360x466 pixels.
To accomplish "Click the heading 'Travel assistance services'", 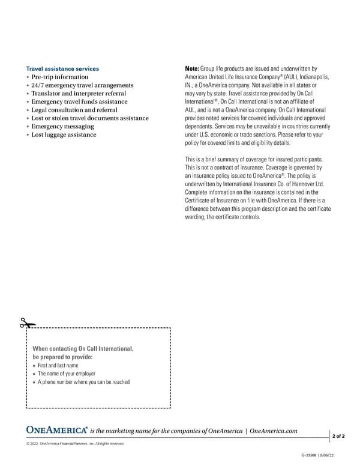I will [x=62, y=69].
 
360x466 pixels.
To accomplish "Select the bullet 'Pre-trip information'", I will [x=59, y=77].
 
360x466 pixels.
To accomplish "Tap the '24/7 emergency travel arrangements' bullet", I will [x=82, y=86].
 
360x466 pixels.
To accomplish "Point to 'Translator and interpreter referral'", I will [x=79, y=94].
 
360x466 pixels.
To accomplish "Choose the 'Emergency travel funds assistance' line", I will [x=79, y=102].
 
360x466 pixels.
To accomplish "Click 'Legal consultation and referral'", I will [x=74, y=110].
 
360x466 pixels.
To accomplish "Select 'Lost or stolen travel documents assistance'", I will [x=90, y=118].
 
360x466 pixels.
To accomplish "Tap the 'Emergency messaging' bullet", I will [x=62, y=127].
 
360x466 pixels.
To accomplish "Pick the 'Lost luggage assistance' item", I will [x=64, y=135].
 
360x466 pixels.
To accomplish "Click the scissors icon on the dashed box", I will [x=25, y=323].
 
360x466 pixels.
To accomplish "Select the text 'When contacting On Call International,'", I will [x=83, y=349].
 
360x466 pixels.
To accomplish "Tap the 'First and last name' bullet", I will [x=58, y=365].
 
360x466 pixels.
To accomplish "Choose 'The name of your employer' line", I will [x=66, y=374].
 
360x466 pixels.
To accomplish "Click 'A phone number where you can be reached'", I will [x=83, y=382].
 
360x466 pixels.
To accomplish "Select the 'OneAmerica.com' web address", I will [x=273, y=431].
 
